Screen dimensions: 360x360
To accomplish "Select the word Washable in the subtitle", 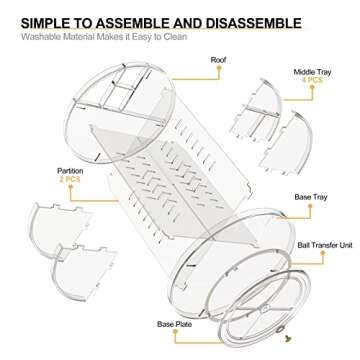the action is (37, 37).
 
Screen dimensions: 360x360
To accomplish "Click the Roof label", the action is (218, 60).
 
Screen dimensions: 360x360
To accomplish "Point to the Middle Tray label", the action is (313, 72).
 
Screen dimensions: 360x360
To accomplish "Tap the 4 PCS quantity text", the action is (312, 80).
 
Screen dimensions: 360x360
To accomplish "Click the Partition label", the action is (70, 171).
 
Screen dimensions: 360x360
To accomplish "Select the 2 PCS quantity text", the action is (70, 179).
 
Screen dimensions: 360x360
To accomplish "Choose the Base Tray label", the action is (311, 197).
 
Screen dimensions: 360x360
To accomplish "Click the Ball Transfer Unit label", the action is (325, 245).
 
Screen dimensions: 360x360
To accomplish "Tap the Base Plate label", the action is (175, 324).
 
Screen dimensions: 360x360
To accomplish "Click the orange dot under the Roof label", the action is (219, 68).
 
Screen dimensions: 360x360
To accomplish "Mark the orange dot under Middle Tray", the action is (312, 87).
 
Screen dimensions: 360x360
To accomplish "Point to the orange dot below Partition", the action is (70, 186).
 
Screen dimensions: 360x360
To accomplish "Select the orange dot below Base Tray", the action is (310, 206).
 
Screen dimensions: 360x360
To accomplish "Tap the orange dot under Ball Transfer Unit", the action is (323, 253).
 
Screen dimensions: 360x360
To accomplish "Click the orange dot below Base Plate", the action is (175, 332).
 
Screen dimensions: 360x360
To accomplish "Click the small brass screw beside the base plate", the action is (288, 339).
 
